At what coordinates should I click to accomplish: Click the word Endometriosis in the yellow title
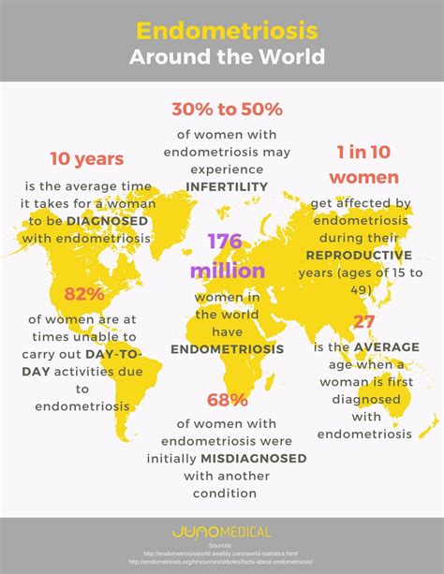coord(222,29)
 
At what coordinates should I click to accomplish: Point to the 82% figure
coord(85,294)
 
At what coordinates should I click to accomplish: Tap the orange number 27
coord(363,322)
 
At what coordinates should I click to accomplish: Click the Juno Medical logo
coord(222,532)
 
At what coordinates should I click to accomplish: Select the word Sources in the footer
coord(222,546)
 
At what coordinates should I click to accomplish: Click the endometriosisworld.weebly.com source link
coord(222,554)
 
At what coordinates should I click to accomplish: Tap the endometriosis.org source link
coord(222,563)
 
